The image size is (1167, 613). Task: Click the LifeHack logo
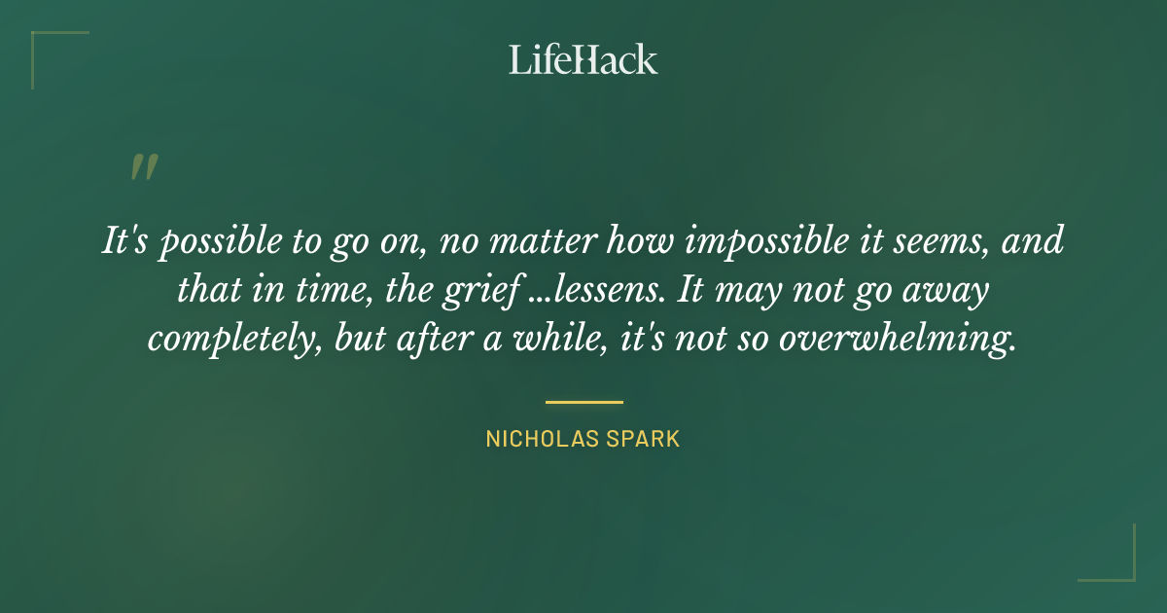coord(583,59)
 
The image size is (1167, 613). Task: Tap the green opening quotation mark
coord(143,167)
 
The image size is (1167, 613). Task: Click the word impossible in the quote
coord(736,241)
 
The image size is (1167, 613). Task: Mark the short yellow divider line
coord(583,401)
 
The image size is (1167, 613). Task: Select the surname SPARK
coord(643,440)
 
